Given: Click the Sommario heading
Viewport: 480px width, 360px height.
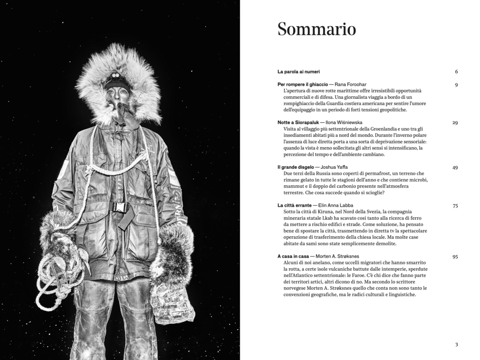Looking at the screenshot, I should point(316,29).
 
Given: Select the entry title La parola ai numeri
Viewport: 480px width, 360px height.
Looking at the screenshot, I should point(299,72).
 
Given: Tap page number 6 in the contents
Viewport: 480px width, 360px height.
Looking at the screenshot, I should point(456,72).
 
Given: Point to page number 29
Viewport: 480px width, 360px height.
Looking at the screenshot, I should point(455,122).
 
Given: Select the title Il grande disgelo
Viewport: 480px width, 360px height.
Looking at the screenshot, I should point(295,167).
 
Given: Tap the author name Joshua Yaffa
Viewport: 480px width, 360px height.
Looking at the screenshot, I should point(337,167).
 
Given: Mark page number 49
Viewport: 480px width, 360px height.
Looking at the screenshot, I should point(455,167).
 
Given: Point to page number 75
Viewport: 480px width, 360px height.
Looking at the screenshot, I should point(455,205).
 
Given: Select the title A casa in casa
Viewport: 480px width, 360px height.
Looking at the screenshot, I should point(293,256).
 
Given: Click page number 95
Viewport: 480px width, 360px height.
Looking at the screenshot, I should point(455,256).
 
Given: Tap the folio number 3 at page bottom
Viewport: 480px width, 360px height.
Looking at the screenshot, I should point(456,345).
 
